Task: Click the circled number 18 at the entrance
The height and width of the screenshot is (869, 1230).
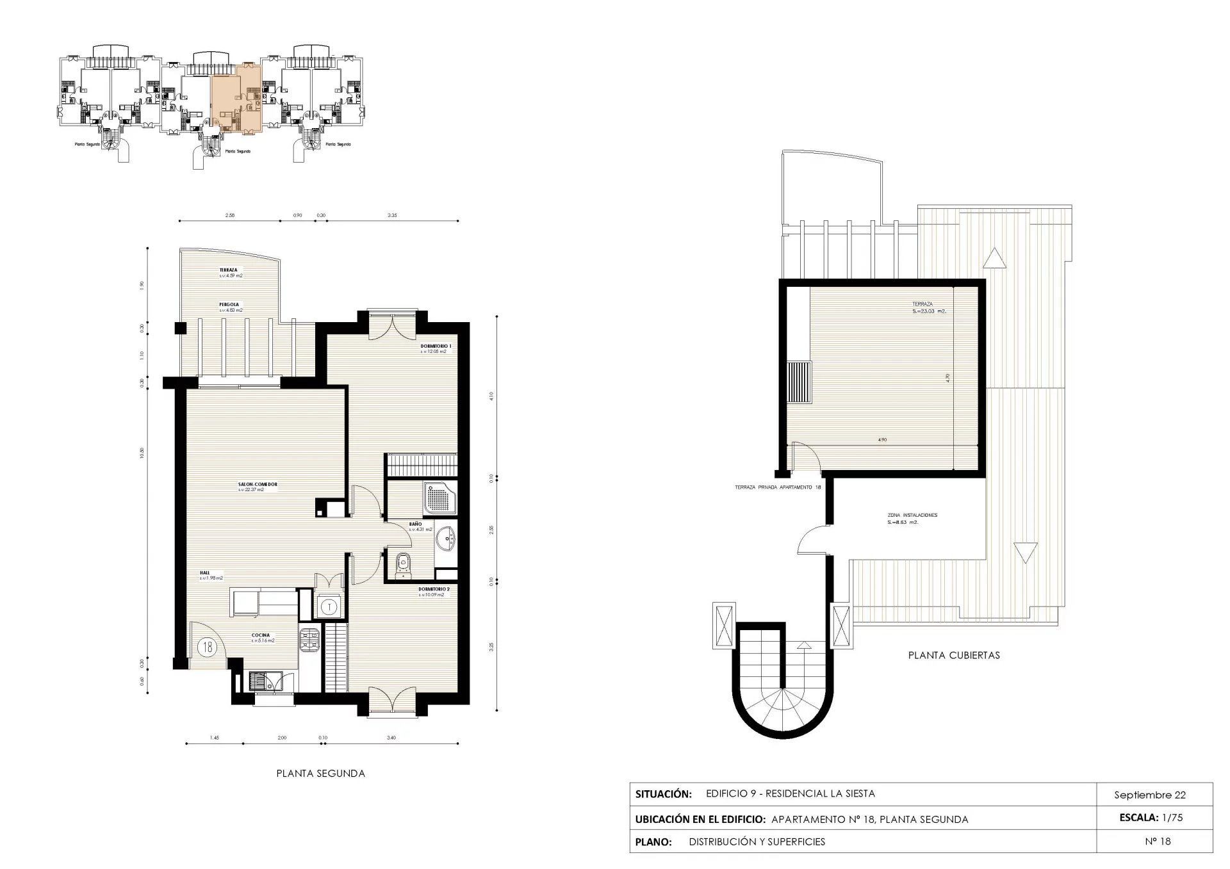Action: click(208, 647)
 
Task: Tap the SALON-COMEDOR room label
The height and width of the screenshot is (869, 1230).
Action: click(258, 485)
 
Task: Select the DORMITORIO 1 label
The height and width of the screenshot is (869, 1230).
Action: click(436, 346)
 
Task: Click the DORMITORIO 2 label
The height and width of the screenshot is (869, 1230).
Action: click(434, 589)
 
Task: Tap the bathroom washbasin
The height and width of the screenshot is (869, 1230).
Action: click(446, 539)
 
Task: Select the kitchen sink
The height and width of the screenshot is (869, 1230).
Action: click(262, 681)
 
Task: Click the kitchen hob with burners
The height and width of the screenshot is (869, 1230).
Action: click(311, 638)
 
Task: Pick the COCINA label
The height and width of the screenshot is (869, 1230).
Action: click(261, 636)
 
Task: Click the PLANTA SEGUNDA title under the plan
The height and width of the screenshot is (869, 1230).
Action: click(320, 774)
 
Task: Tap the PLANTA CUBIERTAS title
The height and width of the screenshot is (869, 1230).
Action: click(954, 655)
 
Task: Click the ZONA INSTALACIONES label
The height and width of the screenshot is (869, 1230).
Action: click(912, 515)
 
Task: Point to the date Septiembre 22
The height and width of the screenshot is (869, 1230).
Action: click(1150, 795)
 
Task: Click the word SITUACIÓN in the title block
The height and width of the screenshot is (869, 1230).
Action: click(663, 794)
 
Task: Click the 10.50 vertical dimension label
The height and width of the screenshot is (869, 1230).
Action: click(142, 453)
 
